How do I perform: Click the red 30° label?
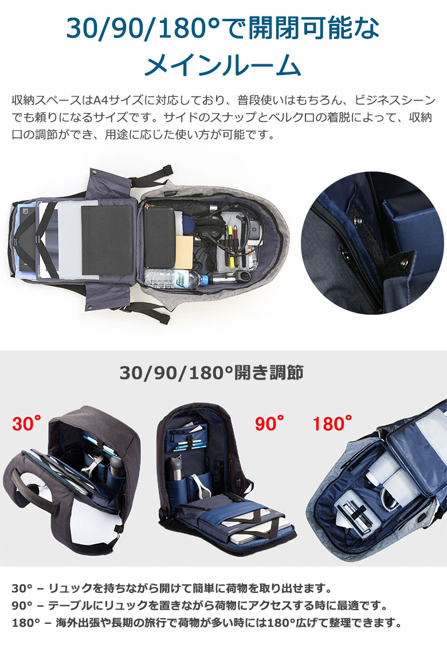(x=27, y=423)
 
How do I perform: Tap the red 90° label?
(x=269, y=423)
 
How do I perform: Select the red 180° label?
(x=332, y=423)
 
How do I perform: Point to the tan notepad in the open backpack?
(x=185, y=252)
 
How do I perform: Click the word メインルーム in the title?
(x=223, y=66)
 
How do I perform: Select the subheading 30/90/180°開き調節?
(x=211, y=372)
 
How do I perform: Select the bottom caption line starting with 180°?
(x=206, y=623)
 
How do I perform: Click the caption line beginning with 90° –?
(x=200, y=606)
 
